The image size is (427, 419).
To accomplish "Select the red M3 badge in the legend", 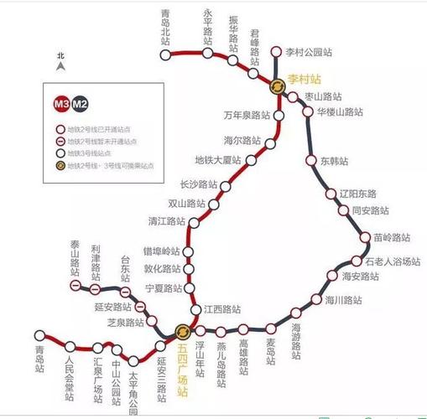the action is coord(61,104).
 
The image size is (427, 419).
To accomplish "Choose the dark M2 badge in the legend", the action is coord(80,104).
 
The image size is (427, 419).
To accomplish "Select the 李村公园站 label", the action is coord(308,52).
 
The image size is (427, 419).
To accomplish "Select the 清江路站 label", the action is coord(167,221).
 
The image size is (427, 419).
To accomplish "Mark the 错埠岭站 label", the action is coord(161,251).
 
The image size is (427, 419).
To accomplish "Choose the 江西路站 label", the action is coord(221,308).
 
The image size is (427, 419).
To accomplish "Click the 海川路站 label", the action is coord(344,299).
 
